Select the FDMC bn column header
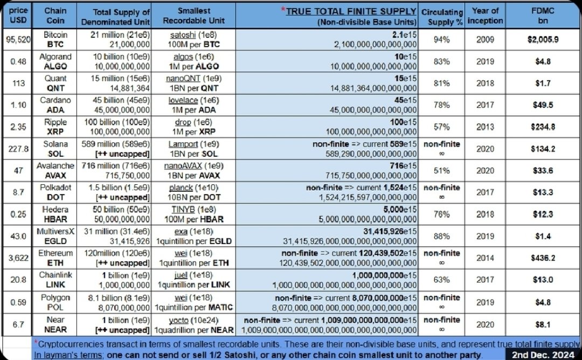[x=543, y=16]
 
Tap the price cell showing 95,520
[x=16, y=39]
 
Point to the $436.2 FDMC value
[x=543, y=258]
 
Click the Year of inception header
[x=484, y=16]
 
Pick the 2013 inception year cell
[x=484, y=127]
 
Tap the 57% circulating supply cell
[x=442, y=127]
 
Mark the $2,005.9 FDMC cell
[x=543, y=39]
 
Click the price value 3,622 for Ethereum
[x=16, y=258]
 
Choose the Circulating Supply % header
[x=442, y=16]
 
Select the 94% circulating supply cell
[x=442, y=39]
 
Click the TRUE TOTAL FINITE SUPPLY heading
[x=351, y=11]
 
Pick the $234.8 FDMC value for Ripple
[x=543, y=127]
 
